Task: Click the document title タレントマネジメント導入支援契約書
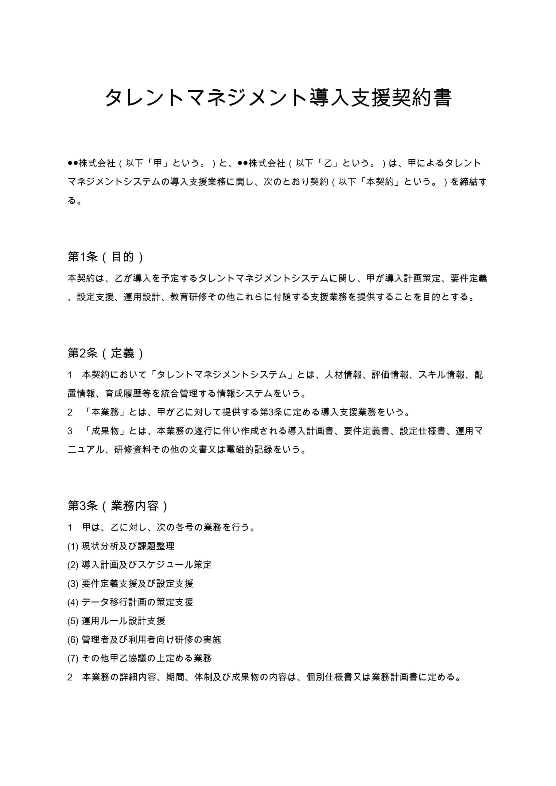278,98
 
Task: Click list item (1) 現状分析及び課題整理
121,546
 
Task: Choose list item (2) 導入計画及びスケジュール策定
139,565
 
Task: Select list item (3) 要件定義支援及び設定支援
130,583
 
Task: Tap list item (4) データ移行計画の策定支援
130,602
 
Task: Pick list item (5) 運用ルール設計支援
116,621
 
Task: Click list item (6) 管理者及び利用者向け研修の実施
144,640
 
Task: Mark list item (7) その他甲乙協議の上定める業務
139,658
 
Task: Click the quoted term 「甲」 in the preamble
157,163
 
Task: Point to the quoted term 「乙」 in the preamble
328,163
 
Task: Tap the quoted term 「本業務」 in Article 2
105,412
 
